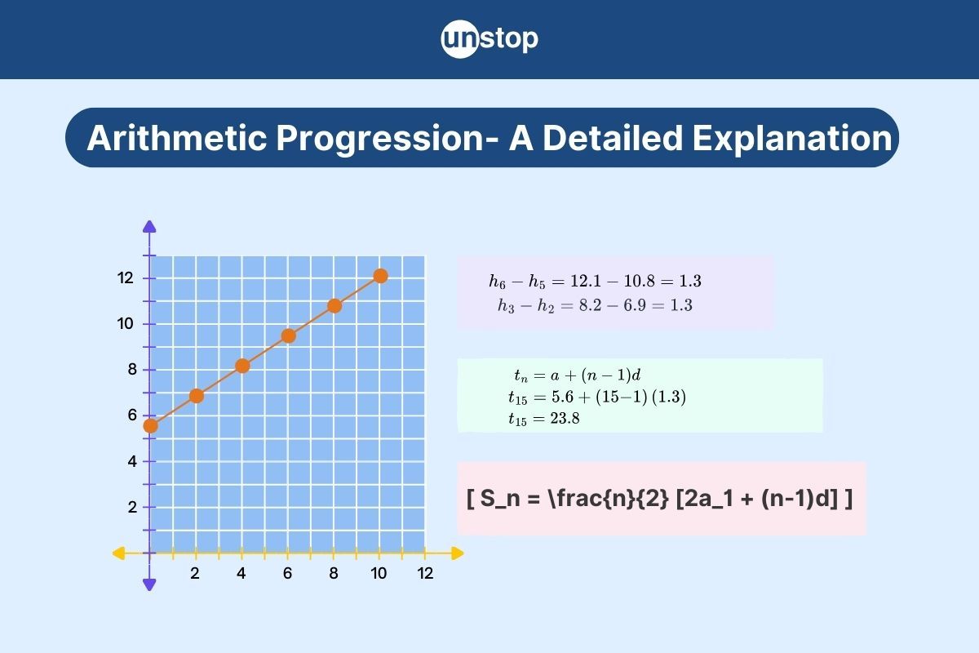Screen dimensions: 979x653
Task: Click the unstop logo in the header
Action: pyautogui.click(x=489, y=39)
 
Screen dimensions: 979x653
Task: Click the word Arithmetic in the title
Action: pyautogui.click(x=177, y=138)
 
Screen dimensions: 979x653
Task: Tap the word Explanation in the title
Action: pyautogui.click(x=792, y=139)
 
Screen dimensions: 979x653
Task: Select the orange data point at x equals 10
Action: pyautogui.click(x=381, y=276)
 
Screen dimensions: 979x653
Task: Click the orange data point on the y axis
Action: pyautogui.click(x=150, y=425)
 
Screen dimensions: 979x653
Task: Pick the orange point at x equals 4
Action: pyautogui.click(x=242, y=366)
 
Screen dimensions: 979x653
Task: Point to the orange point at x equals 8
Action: pyautogui.click(x=334, y=306)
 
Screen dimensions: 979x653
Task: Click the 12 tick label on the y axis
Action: pyautogui.click(x=126, y=278)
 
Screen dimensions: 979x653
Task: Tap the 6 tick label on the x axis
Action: pyautogui.click(x=287, y=573)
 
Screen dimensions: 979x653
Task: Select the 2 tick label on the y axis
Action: pyautogui.click(x=132, y=508)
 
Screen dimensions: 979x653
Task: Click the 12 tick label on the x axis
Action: pyautogui.click(x=425, y=573)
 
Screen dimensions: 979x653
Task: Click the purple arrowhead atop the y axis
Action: pyautogui.click(x=149, y=226)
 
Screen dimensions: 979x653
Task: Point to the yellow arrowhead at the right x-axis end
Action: pyautogui.click(x=458, y=553)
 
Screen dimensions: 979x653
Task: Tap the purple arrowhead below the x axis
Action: pyautogui.click(x=149, y=585)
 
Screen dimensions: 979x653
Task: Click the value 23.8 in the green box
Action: pyautogui.click(x=565, y=419)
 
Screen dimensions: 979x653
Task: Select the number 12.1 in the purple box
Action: pyautogui.click(x=586, y=281)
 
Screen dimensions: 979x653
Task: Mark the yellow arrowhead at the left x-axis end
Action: pyautogui.click(x=118, y=553)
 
